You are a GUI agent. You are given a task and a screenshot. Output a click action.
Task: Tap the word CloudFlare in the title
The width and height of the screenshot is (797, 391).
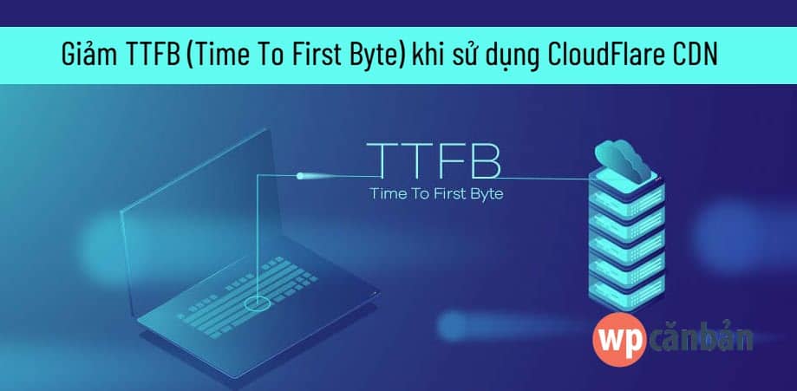[x=604, y=56]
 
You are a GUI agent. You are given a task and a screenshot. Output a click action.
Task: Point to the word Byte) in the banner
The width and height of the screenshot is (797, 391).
[x=376, y=56]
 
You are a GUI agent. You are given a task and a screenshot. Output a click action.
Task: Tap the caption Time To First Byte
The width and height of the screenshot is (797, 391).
[x=436, y=193]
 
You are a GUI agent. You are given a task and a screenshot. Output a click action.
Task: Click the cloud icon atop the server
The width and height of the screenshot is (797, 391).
[x=622, y=159]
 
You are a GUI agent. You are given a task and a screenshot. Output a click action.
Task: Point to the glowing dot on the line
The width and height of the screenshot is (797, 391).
[x=300, y=176]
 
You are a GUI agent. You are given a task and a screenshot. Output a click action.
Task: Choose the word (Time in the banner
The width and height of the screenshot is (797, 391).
[x=212, y=56]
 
